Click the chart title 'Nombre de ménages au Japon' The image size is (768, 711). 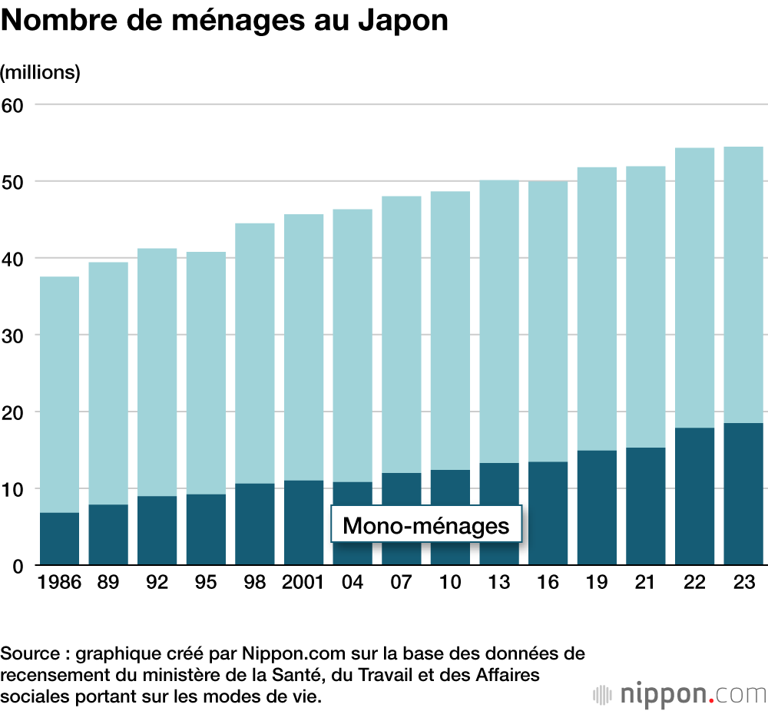pyautogui.click(x=224, y=21)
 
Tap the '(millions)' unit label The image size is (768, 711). pyautogui.click(x=41, y=73)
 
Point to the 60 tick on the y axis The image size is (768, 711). pyautogui.click(x=14, y=104)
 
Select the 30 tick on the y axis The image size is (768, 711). pyautogui.click(x=14, y=336)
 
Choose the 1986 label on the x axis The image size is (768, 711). pyautogui.click(x=59, y=583)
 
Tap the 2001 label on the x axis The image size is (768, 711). pyautogui.click(x=303, y=583)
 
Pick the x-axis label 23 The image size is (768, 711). pyautogui.click(x=743, y=583)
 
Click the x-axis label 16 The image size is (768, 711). pyautogui.click(x=548, y=583)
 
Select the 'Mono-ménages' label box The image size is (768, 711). pyautogui.click(x=426, y=526)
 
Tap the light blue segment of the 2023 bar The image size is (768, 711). pyautogui.click(x=743, y=284)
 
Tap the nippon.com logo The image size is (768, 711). pyautogui.click(x=679, y=694)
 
